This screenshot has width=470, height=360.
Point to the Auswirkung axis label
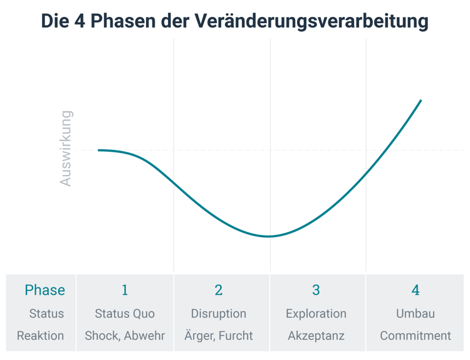click(66, 149)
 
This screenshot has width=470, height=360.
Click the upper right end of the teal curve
click(420, 100)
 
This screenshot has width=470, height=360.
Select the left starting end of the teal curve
click(99, 151)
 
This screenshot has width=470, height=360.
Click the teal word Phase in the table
click(44, 290)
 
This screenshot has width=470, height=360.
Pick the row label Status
click(46, 314)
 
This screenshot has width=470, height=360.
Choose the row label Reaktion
click(40, 336)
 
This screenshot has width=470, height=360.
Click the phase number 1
click(125, 290)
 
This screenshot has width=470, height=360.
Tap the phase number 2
click(219, 290)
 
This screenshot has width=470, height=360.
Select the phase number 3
click(316, 290)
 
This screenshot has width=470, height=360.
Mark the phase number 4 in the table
click(415, 290)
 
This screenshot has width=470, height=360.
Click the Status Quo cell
click(125, 314)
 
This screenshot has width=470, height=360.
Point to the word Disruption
click(219, 314)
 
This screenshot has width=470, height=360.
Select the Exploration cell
click(316, 314)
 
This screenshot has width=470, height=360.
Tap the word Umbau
click(415, 314)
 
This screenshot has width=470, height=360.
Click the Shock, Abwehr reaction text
click(125, 336)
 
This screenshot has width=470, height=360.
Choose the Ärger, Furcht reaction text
click(219, 336)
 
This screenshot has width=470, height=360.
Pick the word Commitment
click(415, 336)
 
